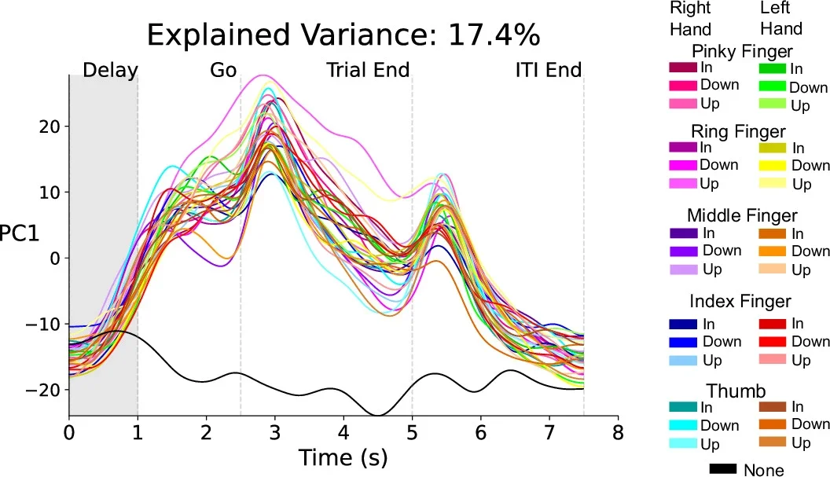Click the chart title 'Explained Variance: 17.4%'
coord(343,35)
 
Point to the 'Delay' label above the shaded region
coord(110,71)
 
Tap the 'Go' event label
coord(223,71)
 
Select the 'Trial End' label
coord(368,71)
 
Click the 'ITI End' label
coord(548,71)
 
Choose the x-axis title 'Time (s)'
coord(343,457)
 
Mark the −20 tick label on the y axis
coord(42,390)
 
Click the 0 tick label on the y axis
coord(53,258)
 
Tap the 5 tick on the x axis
coord(412,432)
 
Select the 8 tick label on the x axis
coord(618,432)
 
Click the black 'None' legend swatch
coord(722,469)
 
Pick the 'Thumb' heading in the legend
coord(736,391)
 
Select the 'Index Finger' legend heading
coord(740,301)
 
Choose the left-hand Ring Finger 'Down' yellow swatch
coord(773,165)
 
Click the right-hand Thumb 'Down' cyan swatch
coord(682,425)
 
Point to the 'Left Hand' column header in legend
coord(780,19)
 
